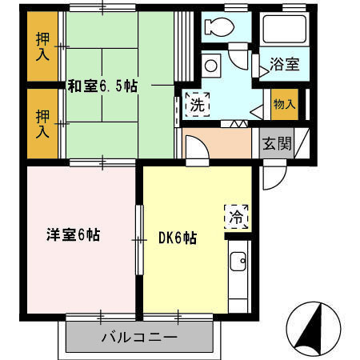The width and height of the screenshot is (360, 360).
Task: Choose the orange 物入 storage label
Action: click(x=283, y=103)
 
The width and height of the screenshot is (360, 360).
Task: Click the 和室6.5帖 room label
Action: click(x=102, y=86)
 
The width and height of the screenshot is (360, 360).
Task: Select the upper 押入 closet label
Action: click(x=42, y=47)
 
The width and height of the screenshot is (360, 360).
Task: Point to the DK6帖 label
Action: click(x=178, y=238)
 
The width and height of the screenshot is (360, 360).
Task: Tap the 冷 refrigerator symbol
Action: click(x=237, y=215)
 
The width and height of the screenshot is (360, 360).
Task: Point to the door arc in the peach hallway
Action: click(x=198, y=149)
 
